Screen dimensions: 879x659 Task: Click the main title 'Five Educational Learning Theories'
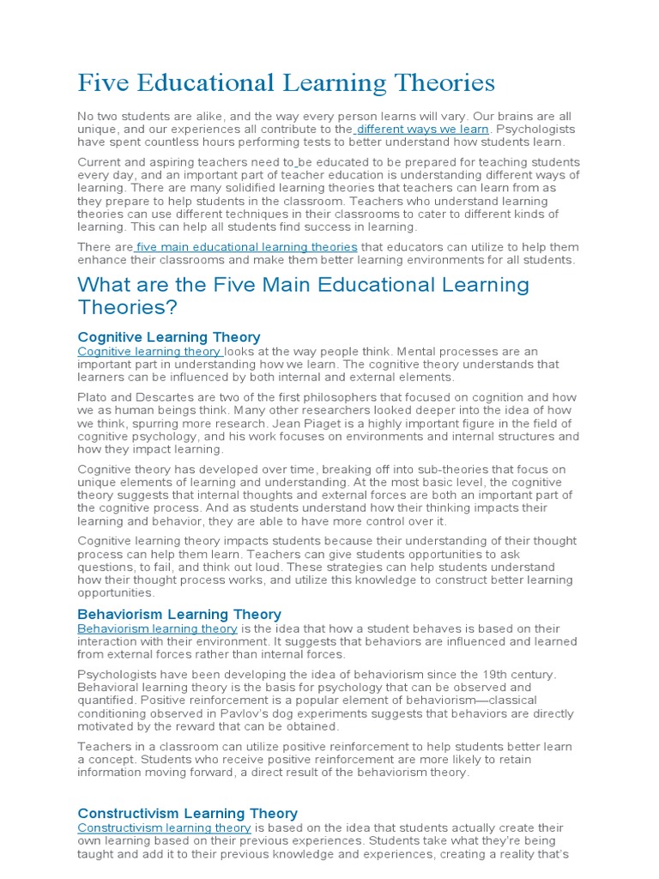point(286,83)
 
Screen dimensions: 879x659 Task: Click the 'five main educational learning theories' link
point(247,247)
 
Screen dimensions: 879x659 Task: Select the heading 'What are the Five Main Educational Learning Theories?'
point(303,295)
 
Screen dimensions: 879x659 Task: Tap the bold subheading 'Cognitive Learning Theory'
point(169,337)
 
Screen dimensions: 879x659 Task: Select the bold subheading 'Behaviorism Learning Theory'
point(179,615)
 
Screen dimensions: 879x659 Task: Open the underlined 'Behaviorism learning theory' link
point(157,628)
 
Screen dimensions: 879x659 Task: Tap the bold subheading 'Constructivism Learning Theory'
point(187,814)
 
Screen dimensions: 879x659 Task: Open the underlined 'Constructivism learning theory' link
point(164,827)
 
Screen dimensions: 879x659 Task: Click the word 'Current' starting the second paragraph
point(100,162)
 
